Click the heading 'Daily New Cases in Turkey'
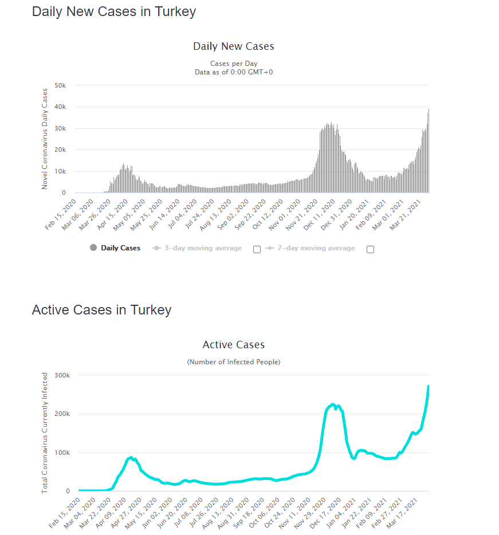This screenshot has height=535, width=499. pos(114,12)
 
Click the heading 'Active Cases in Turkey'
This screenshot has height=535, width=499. pos(101,310)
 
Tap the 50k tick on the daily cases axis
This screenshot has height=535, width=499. pos(60,85)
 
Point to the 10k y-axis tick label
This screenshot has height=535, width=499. pos(60,171)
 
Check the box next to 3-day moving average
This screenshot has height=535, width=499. pos(257,249)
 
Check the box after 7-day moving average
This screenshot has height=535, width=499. pos(370,249)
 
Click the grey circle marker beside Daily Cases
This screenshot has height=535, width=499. pos(93,248)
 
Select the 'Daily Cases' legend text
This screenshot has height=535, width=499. pos(120,249)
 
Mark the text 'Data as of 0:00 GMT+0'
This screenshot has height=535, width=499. pos(234,72)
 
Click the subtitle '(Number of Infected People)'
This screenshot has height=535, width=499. pos(234,362)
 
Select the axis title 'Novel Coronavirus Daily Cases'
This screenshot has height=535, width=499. pos(45,139)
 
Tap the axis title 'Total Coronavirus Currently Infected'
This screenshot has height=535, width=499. pos(45,433)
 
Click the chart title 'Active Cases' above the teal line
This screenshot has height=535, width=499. pos(234,345)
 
